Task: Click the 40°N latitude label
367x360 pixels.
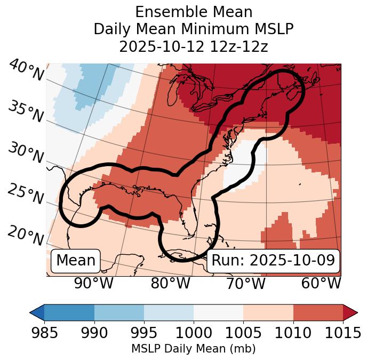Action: [26, 71]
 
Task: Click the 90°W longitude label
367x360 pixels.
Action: [93, 284]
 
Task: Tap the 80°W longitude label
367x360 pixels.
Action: [170, 284]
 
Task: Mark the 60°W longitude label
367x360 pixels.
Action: [321, 284]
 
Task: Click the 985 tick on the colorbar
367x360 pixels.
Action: [44, 333]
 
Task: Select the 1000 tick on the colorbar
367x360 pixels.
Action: [194, 333]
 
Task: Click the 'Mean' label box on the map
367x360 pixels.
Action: [76, 261]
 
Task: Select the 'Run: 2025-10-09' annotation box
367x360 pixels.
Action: [273, 261]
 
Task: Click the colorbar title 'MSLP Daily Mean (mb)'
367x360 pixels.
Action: [193, 349]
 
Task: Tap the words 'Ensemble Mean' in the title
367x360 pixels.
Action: [194, 12]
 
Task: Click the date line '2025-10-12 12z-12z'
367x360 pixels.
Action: [194, 46]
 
